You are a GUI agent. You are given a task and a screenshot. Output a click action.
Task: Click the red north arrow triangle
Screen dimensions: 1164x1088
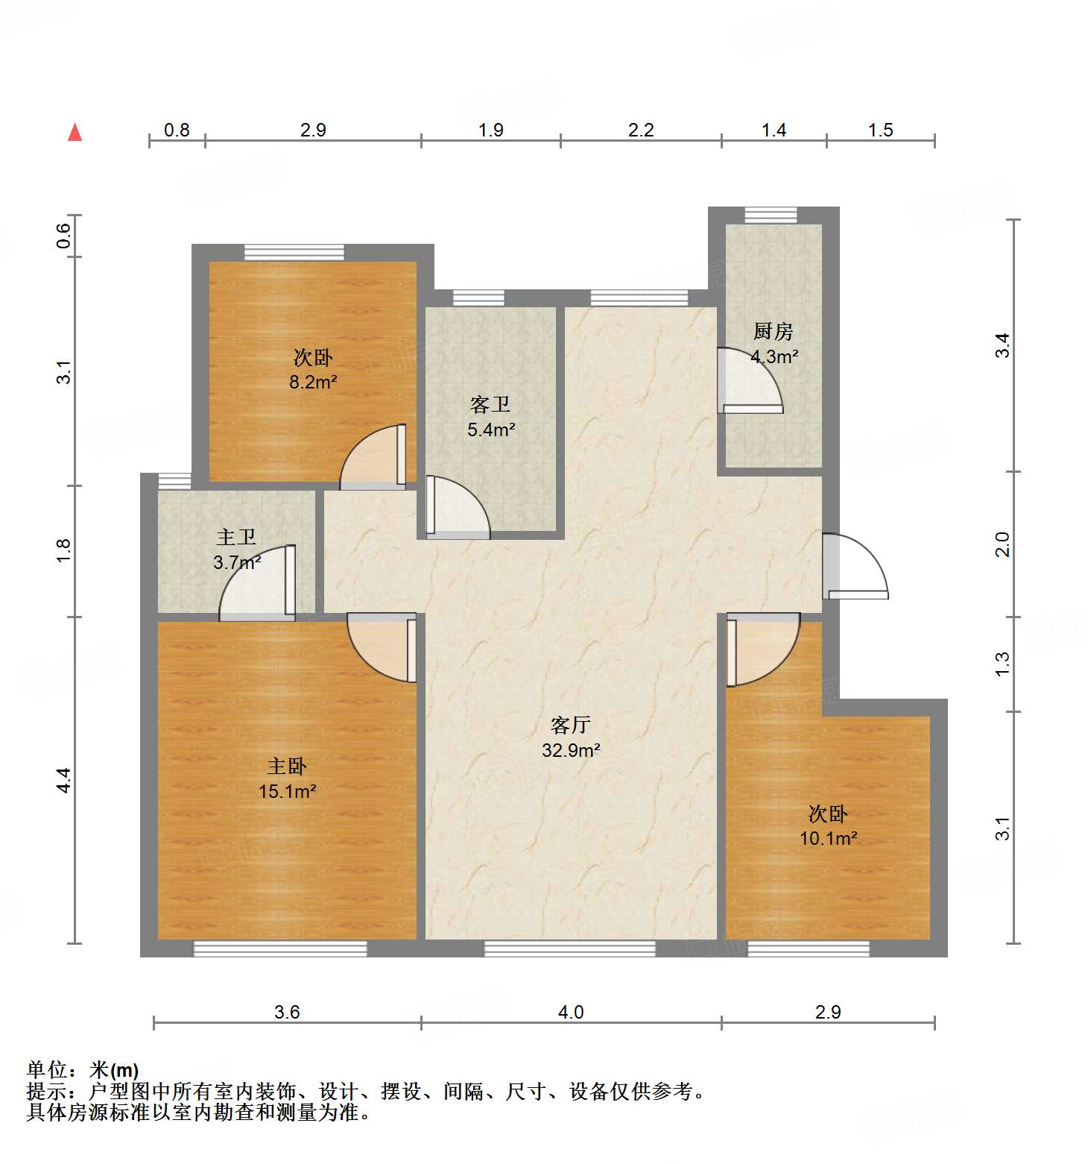point(75,132)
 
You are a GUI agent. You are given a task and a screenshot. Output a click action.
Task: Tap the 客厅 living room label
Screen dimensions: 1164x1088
point(571,725)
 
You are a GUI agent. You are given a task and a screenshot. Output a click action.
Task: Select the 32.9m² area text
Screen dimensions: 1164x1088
point(571,750)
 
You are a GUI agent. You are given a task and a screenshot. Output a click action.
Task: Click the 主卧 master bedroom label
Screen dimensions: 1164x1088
point(287,766)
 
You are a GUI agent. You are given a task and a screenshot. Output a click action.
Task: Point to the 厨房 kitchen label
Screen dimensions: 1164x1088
point(773,331)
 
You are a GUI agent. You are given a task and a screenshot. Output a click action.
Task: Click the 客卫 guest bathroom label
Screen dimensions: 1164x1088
point(490,404)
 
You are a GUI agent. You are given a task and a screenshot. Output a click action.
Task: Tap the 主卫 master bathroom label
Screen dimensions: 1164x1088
point(236,537)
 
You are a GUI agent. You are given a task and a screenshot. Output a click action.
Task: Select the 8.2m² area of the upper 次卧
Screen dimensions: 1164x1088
point(313,383)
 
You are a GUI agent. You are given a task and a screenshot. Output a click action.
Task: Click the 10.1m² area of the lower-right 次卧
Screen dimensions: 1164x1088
point(828,838)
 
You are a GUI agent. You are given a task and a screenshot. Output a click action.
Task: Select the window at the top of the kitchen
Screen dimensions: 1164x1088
point(771,216)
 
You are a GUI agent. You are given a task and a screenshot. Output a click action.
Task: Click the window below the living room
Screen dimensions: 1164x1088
point(570,948)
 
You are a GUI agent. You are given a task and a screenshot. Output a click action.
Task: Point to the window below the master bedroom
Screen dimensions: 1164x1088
point(280,948)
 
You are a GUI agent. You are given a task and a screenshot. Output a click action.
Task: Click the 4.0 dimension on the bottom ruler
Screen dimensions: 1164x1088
point(571,1012)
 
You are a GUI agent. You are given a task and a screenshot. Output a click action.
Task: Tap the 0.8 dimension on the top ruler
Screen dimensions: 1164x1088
point(177,130)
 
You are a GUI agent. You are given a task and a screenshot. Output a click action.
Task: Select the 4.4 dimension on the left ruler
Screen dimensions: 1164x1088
point(64,780)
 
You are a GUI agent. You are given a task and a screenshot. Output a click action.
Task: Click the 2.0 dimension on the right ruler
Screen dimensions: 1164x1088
point(1003,544)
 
